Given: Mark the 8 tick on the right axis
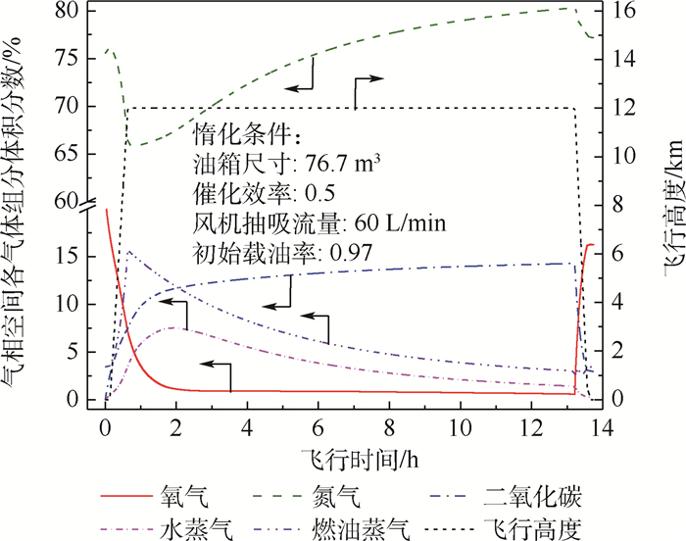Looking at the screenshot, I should [619, 204].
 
